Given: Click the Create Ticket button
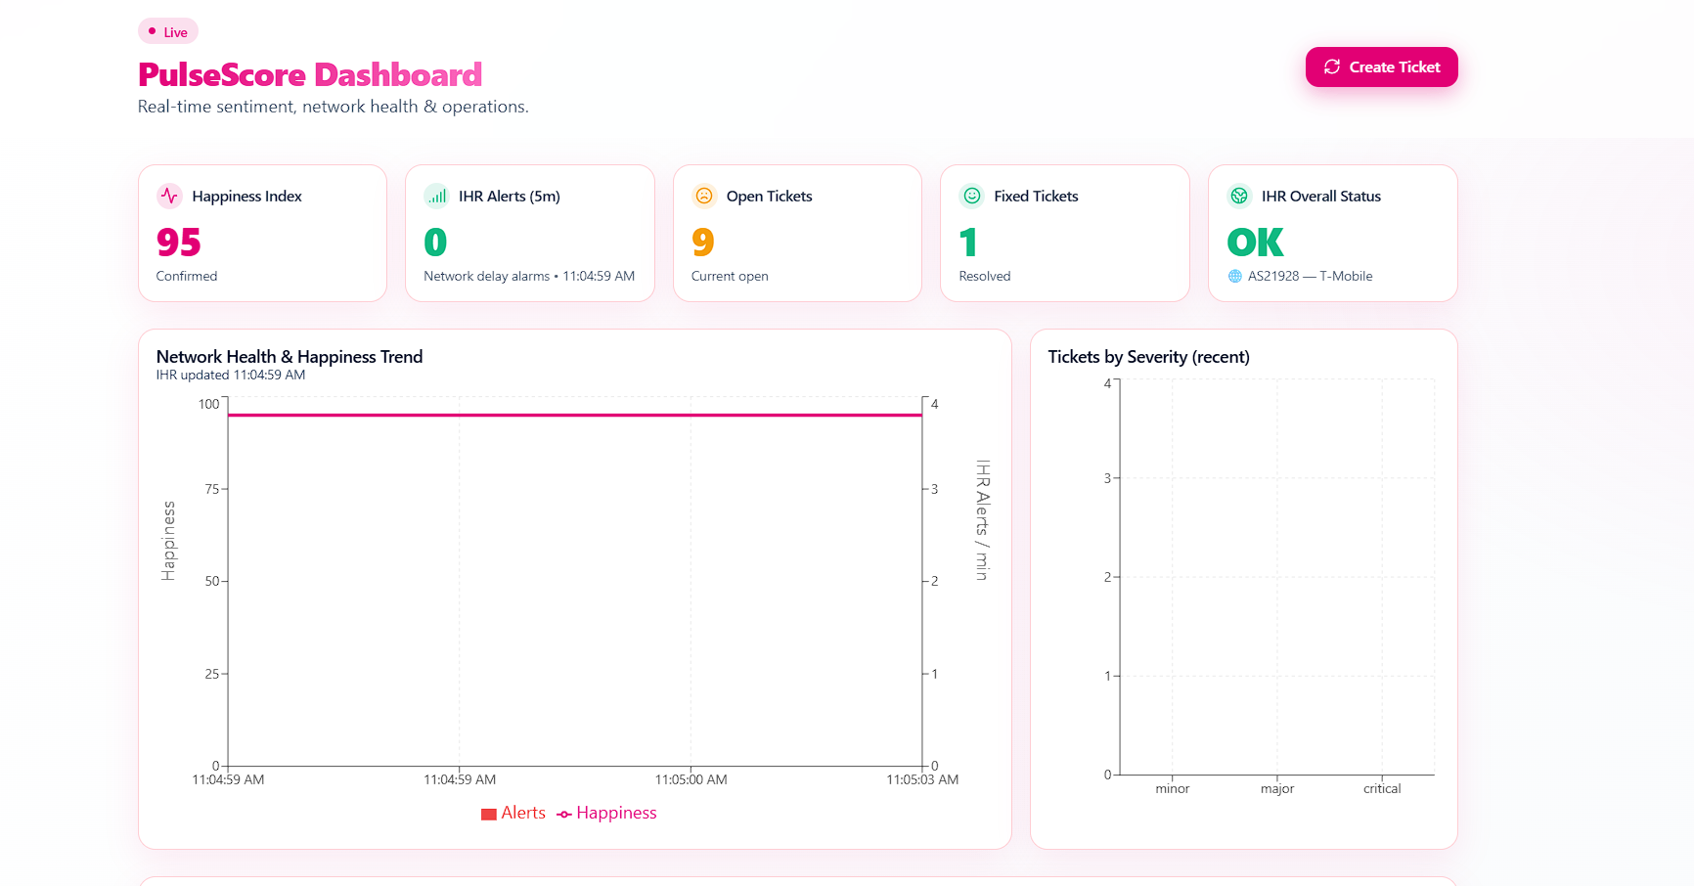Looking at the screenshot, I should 1381,67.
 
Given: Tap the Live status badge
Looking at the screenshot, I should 168,32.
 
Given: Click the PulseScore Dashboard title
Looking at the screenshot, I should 310,75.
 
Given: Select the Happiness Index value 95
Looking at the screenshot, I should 179,243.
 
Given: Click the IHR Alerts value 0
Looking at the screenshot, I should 435,243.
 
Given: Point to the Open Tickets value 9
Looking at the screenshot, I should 703,243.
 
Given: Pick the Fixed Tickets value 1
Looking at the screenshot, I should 968,243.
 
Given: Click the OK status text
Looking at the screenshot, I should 1255,243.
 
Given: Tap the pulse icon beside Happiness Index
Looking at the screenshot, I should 169,196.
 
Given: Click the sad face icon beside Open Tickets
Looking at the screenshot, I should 704,196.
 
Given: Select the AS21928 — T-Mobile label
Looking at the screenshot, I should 1310,276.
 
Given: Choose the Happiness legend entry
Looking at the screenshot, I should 607,813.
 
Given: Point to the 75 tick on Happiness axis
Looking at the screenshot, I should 212,489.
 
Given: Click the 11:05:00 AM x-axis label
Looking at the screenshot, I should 691,779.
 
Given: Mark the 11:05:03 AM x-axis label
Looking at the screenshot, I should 922,779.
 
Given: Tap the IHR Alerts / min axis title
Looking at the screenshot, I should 983,520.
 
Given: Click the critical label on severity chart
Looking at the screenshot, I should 1382,788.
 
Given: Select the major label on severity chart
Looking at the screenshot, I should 1277,788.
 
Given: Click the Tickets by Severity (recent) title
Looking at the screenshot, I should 1148,357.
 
